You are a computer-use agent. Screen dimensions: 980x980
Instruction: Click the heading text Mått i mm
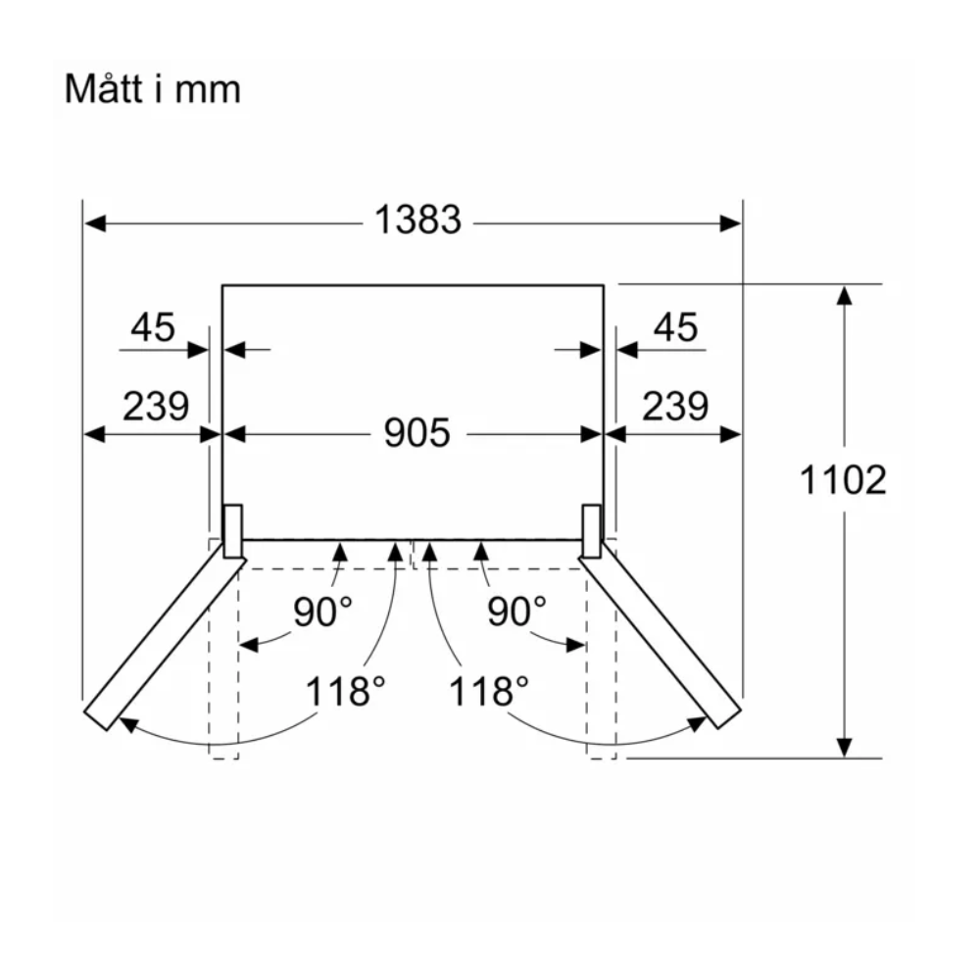tap(153, 89)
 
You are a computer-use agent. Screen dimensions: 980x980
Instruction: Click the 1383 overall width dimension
tap(417, 220)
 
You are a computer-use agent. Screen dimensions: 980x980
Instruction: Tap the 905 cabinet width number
tap(416, 432)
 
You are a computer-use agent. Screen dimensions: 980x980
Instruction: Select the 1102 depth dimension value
tap(843, 480)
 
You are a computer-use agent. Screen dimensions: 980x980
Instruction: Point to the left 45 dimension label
tap(153, 327)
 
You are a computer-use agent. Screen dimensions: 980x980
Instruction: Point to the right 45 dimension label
tap(675, 327)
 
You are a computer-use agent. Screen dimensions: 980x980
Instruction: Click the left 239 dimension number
tap(156, 407)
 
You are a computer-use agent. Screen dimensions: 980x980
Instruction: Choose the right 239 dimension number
tap(675, 407)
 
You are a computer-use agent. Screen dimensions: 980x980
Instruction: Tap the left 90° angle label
tap(322, 612)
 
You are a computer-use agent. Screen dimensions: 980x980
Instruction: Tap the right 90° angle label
tap(516, 612)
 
